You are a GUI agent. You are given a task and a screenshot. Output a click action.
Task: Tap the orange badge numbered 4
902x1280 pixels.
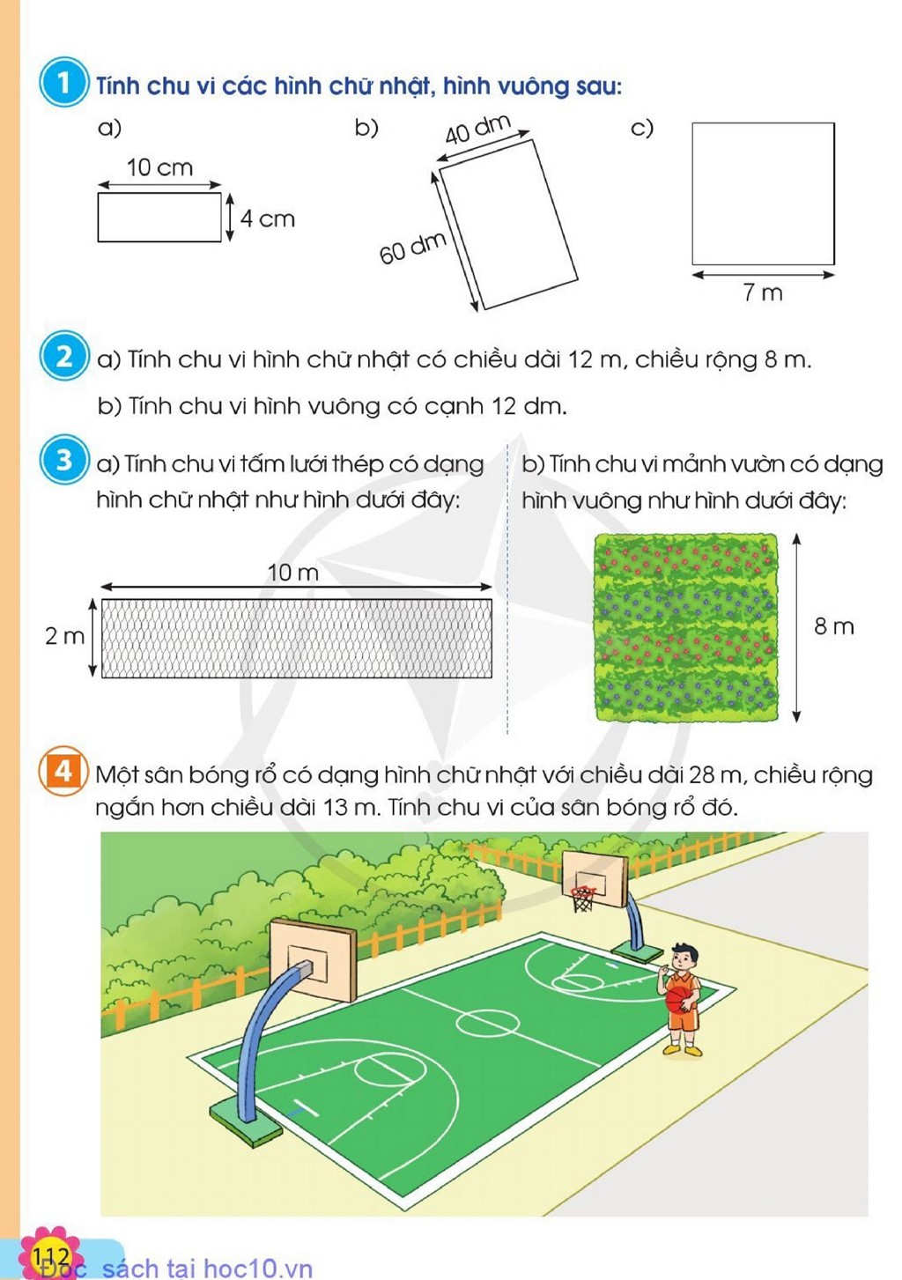coord(63,772)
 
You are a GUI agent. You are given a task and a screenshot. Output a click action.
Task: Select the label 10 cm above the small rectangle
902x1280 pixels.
coord(159,167)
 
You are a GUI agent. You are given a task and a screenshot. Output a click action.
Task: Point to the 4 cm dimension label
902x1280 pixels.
coord(268,218)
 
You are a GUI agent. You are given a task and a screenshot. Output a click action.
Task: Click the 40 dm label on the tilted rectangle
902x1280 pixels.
coord(477,130)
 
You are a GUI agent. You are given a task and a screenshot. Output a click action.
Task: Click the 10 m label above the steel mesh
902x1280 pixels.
coord(293,572)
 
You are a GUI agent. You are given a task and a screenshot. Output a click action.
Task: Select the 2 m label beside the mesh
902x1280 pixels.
coord(64,636)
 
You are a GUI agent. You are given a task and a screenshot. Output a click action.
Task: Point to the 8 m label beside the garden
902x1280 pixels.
coord(834,626)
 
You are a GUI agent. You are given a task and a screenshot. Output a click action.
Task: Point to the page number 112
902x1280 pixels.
coord(51,1255)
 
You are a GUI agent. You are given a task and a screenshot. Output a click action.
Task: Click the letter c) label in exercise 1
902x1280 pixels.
coord(641,128)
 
